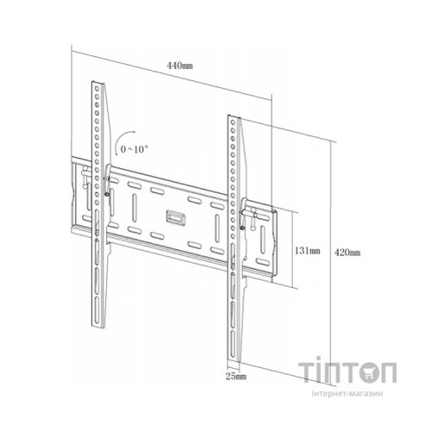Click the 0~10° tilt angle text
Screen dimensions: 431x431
[135, 149]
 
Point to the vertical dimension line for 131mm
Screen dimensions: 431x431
[294, 250]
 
